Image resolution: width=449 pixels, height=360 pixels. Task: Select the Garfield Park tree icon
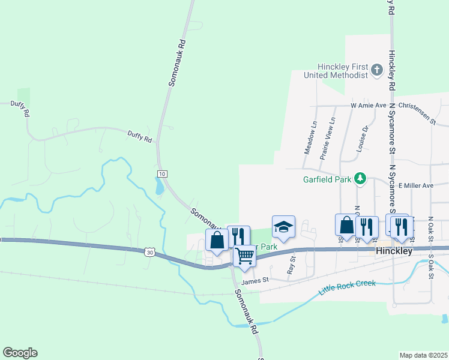pos(360,178)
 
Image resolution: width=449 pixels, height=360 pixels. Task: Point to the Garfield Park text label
pos(328,179)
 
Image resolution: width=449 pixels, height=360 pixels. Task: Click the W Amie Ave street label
pos(369,105)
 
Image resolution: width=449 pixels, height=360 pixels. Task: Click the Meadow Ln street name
pos(310,138)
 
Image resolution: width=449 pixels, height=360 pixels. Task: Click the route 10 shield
pos(161,174)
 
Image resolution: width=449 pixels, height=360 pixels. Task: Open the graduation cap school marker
pos(284,226)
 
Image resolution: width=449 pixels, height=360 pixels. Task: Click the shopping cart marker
pos(244,256)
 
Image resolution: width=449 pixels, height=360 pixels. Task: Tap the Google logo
pos(20,353)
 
